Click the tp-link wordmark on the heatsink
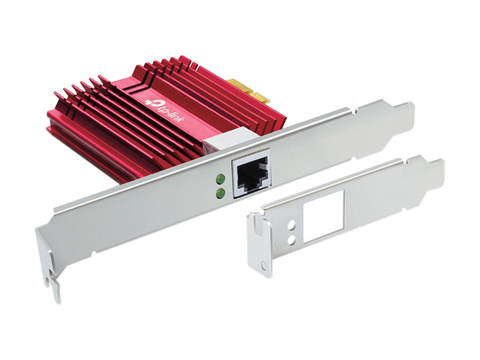click(x=174, y=112)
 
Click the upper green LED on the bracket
click(x=220, y=178)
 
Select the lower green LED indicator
click(x=220, y=193)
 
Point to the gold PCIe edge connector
click(x=248, y=91)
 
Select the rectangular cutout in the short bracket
click(x=323, y=217)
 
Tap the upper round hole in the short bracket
click(x=292, y=226)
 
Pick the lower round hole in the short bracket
click(x=292, y=241)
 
